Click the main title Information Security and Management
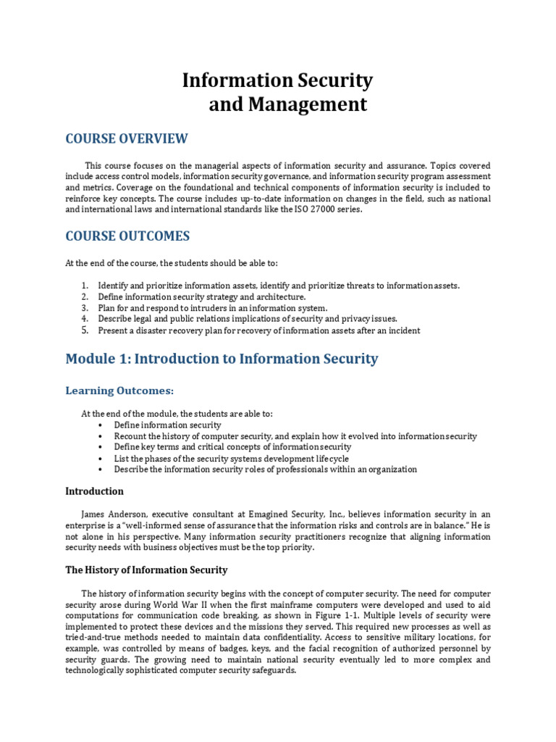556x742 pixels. tap(277, 92)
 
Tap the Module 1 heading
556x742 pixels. tap(222, 358)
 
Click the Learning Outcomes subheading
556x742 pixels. tap(119, 391)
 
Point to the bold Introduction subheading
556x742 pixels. tap(95, 491)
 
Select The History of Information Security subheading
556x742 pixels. tap(147, 570)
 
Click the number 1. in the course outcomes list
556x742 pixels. tap(84, 285)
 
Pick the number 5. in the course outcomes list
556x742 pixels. tap(84, 330)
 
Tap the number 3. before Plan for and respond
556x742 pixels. tap(84, 308)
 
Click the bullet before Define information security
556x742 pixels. tap(99, 425)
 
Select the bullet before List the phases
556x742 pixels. tap(99, 459)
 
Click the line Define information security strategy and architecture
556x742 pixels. tap(202, 297)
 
